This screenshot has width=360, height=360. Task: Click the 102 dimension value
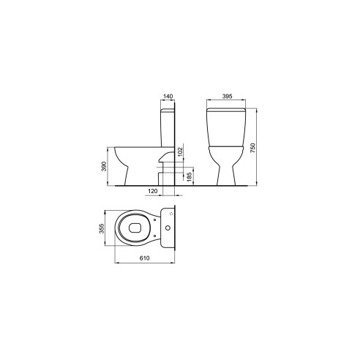point(180,153)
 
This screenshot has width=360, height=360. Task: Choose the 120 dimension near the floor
point(153,190)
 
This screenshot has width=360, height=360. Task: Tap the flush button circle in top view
point(170,228)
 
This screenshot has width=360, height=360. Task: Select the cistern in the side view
point(168,128)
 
